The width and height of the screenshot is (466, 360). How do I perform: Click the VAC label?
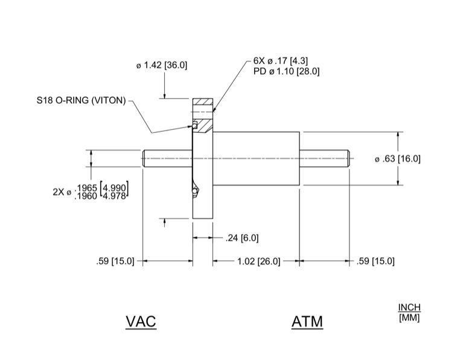(x=141, y=321)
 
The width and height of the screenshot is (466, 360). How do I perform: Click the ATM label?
(x=307, y=321)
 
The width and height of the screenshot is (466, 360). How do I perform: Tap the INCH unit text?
(x=409, y=307)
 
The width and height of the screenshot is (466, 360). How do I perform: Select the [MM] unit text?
(x=409, y=317)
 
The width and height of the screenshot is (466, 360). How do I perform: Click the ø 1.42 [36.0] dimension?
(x=162, y=65)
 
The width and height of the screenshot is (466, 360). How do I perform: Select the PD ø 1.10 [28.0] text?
(x=287, y=71)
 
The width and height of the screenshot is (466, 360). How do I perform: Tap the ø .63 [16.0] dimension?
(x=398, y=159)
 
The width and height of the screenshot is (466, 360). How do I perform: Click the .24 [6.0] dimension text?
(x=241, y=238)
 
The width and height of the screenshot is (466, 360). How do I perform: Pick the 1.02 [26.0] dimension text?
(x=257, y=261)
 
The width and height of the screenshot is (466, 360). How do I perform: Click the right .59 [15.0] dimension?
(x=375, y=261)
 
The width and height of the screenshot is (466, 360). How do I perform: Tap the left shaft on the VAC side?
(x=167, y=159)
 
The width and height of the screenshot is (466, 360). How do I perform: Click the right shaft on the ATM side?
(x=325, y=159)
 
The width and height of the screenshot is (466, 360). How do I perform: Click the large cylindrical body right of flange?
(x=256, y=158)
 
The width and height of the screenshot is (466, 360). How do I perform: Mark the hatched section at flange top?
(x=204, y=102)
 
